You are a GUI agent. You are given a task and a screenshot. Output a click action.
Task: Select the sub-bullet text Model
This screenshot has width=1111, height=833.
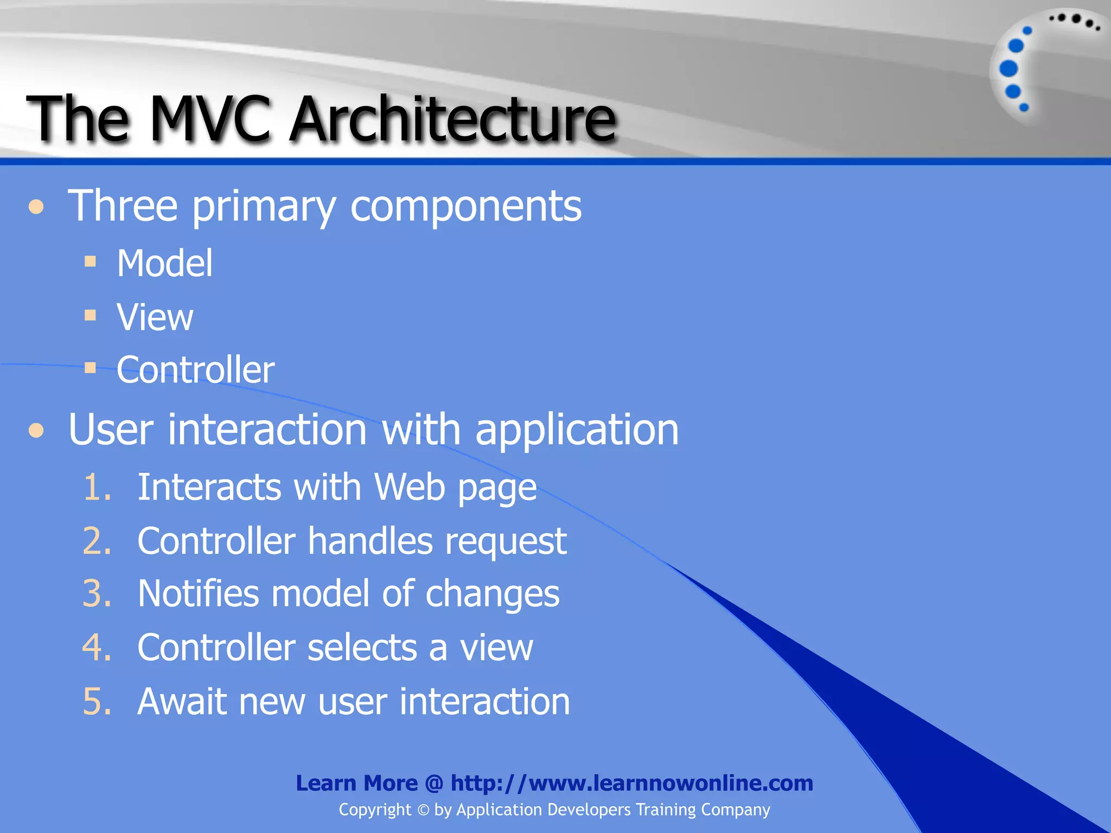click(165, 264)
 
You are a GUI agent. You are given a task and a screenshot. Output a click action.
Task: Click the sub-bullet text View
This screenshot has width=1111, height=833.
click(155, 317)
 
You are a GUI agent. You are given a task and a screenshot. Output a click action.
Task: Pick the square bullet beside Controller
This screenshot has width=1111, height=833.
click(91, 369)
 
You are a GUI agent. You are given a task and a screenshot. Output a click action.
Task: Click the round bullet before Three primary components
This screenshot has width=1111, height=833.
click(36, 207)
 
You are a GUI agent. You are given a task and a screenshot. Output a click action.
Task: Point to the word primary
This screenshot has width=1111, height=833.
click(264, 207)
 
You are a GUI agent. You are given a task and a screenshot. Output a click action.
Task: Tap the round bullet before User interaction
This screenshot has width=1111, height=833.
click(36, 431)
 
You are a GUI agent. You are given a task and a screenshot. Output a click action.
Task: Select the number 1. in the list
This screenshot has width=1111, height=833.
click(97, 487)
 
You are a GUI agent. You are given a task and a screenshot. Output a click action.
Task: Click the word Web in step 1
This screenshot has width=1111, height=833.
click(410, 487)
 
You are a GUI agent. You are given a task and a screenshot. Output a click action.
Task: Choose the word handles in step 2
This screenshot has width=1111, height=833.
click(370, 541)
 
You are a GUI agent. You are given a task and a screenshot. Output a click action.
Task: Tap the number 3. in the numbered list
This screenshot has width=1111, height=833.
click(97, 594)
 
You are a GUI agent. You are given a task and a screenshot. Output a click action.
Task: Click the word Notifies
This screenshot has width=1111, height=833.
click(198, 594)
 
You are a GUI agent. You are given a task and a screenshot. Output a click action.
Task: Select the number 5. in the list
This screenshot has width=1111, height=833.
click(97, 702)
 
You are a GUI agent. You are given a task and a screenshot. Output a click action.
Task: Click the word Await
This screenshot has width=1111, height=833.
click(181, 702)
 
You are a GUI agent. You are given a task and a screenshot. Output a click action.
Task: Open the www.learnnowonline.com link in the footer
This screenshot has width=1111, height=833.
click(632, 783)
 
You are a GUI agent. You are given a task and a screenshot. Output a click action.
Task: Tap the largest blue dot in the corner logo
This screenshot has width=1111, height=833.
click(1008, 68)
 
